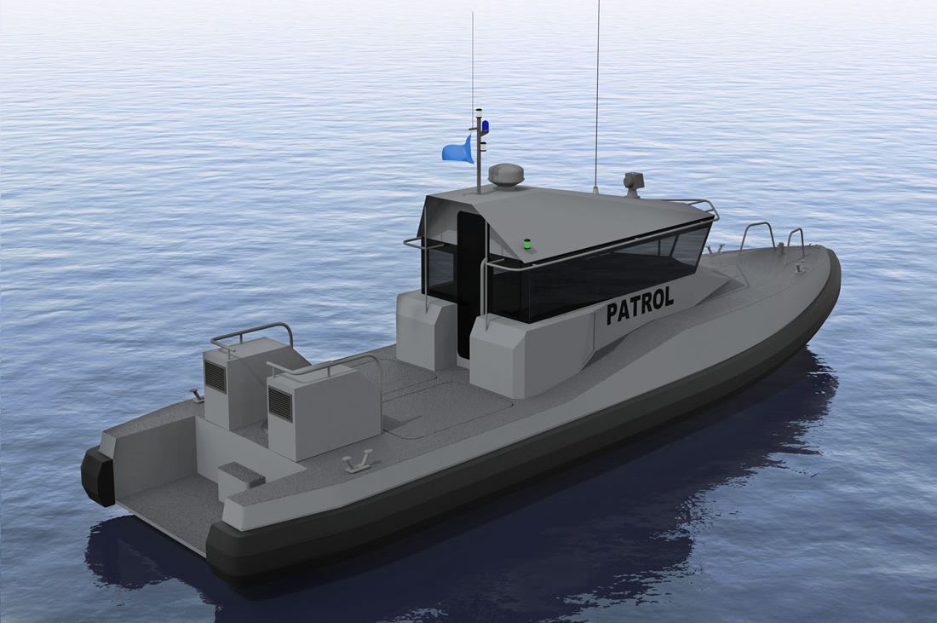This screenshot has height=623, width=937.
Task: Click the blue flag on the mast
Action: click(457, 151)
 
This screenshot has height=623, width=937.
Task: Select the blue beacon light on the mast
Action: click(486, 126)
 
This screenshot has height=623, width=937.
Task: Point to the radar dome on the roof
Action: click(506, 174)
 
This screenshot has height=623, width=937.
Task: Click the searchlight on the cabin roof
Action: click(633, 181)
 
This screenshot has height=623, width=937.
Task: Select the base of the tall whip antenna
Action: click(595, 189)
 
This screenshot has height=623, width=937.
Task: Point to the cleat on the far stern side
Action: click(198, 395)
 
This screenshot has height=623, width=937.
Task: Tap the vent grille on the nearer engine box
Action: click(280, 404)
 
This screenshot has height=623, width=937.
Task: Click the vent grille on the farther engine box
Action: click(216, 376)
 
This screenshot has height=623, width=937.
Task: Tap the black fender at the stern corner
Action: click(98, 476)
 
